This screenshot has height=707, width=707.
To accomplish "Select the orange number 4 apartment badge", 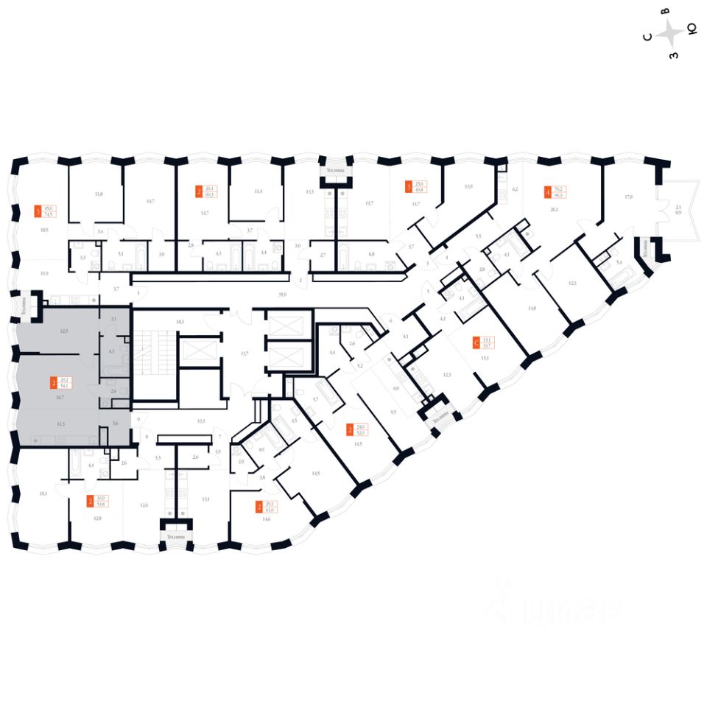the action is [547, 192].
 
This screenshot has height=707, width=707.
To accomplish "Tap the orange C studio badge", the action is [476, 342].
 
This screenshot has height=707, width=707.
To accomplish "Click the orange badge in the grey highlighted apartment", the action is [54, 382].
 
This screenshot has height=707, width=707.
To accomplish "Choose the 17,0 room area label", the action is [628, 197].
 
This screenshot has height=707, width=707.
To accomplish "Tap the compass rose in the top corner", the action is [669, 33].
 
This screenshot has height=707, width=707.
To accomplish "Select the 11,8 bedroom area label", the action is [98, 194].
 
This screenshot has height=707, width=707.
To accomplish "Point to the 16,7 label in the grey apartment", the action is [60, 396].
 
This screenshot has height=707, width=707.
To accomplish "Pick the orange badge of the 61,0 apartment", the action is [258, 506].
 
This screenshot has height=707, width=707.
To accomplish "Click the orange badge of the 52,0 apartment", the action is [350, 429].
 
